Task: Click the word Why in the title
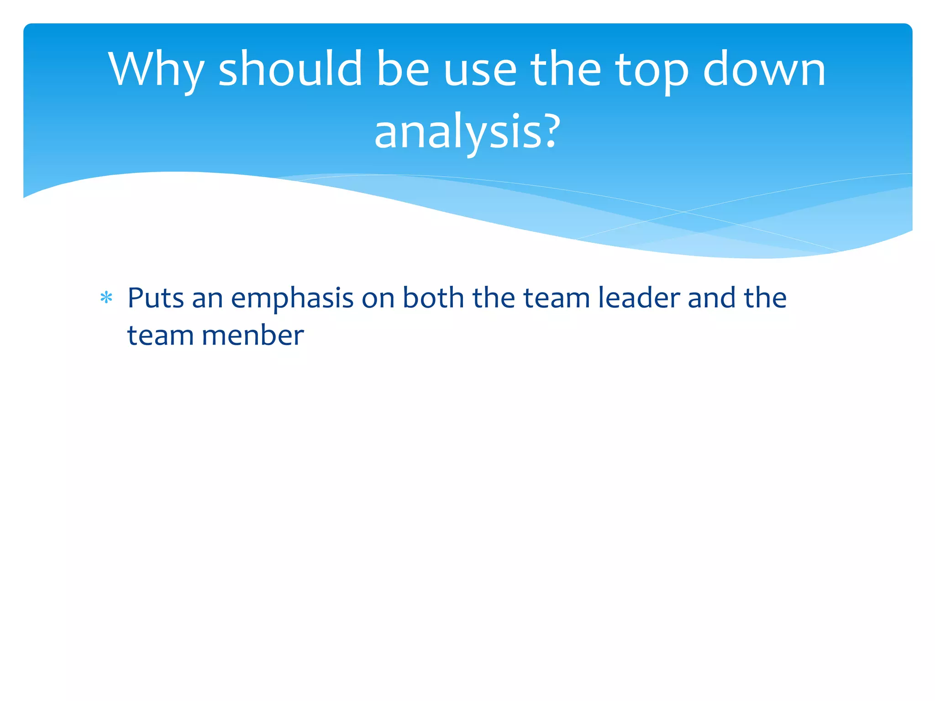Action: [x=156, y=69]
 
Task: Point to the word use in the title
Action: [x=480, y=69]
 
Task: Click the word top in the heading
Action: [x=652, y=69]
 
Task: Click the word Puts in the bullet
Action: [x=156, y=298]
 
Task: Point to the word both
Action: [x=433, y=298]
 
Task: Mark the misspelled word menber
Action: [x=252, y=335]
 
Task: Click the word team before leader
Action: [x=556, y=298]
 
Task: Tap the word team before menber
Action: [x=160, y=335]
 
